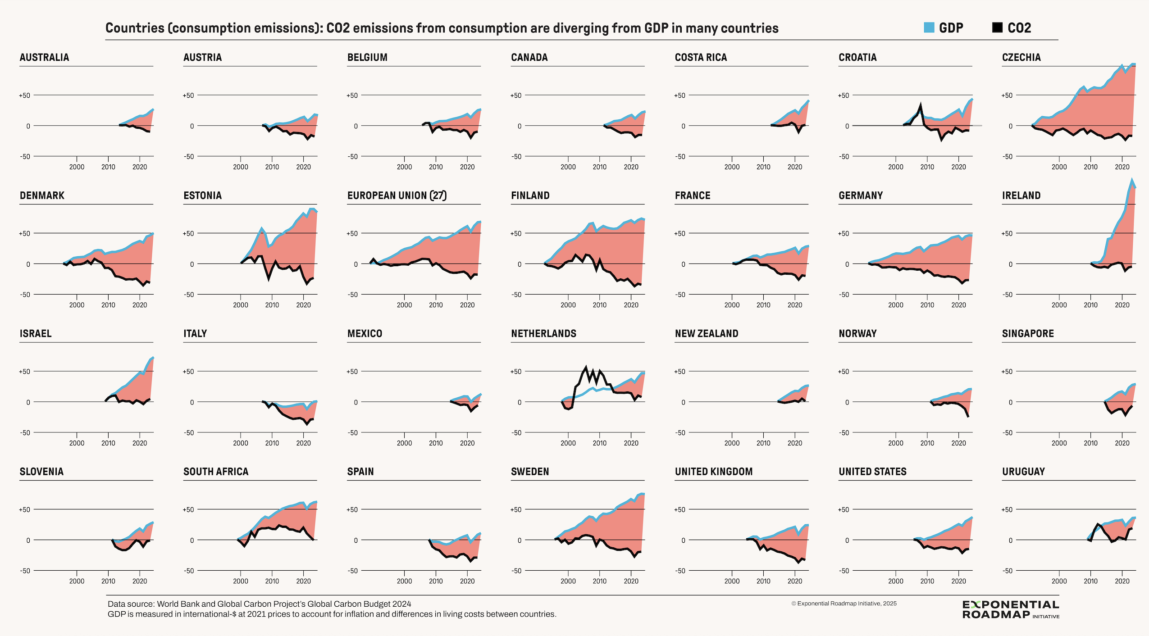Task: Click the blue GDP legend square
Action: pyautogui.click(x=929, y=27)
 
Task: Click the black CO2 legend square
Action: pyautogui.click(x=997, y=27)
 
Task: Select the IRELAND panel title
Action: pyautogui.click(x=1021, y=195)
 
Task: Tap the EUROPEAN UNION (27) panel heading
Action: pyautogui.click(x=397, y=195)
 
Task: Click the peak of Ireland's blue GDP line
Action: pyautogui.click(x=1131, y=180)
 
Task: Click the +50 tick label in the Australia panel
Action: pyautogui.click(x=24, y=95)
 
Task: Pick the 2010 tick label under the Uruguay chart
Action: pyautogui.click(x=1090, y=581)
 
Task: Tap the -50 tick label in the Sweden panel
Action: pyautogui.click(x=516, y=571)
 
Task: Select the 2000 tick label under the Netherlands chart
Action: pyautogui.click(x=568, y=443)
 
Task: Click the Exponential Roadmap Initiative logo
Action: pyautogui.click(x=1010, y=609)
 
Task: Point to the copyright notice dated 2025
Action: pyautogui.click(x=844, y=604)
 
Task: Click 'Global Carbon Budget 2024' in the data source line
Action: pyautogui.click(x=364, y=604)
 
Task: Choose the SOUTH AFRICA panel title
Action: pyautogui.click(x=215, y=472)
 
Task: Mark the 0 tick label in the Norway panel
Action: pyautogui.click(x=847, y=402)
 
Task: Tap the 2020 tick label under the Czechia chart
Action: pyautogui.click(x=1122, y=167)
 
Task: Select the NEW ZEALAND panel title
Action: pyautogui.click(x=706, y=334)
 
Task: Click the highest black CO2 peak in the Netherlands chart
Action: pyautogui.click(x=586, y=368)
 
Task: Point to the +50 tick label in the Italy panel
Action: pyautogui.click(x=188, y=372)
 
